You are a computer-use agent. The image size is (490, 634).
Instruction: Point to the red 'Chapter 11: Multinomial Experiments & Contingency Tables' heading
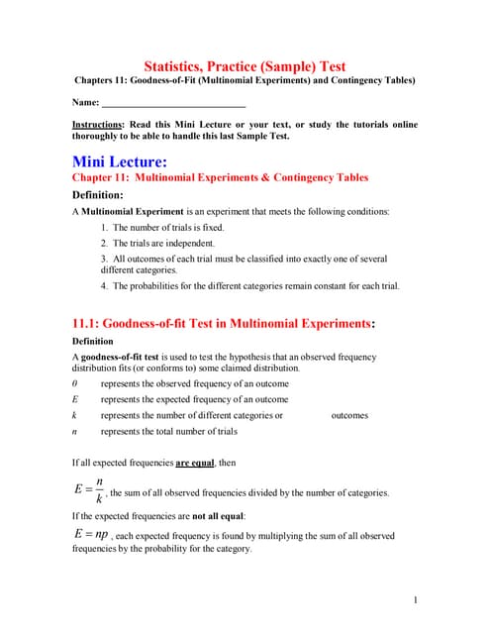(x=220, y=177)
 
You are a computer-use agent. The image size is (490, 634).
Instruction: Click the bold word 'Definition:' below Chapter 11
(x=97, y=195)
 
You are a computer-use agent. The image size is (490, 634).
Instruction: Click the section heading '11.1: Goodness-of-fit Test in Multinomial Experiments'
(x=224, y=323)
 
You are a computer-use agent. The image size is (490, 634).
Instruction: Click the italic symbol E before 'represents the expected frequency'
(x=75, y=399)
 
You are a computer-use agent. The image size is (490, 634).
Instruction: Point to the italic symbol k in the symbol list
(x=75, y=415)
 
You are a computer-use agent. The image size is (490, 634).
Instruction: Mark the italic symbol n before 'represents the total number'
(x=75, y=431)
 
